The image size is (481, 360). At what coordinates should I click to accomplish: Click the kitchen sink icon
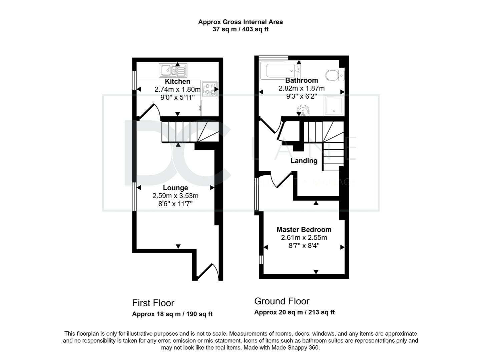click(173, 70)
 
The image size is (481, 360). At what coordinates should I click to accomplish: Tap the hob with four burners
click(210, 89)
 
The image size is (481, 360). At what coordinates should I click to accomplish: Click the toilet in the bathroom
click(335, 75)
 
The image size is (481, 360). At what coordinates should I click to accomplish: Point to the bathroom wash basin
click(303, 111)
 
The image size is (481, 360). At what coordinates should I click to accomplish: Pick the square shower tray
click(334, 106)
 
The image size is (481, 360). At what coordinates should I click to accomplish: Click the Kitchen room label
click(177, 81)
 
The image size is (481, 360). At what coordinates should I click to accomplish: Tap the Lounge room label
click(175, 188)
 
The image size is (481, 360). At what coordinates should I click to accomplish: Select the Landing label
click(304, 161)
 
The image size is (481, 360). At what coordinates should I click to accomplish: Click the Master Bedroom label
click(304, 230)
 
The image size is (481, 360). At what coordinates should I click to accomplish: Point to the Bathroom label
click(302, 80)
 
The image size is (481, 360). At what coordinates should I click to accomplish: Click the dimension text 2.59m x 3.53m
click(175, 196)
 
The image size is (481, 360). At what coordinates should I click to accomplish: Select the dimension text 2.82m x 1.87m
click(302, 88)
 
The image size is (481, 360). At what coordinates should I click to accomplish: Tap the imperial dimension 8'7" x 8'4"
click(304, 246)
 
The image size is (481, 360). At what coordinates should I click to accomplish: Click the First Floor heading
click(153, 303)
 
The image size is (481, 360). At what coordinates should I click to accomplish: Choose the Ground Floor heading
click(282, 302)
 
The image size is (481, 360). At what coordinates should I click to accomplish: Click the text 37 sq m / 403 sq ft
click(240, 29)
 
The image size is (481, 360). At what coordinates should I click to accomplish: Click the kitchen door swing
click(150, 112)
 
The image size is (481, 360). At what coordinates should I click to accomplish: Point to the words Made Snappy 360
click(296, 348)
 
